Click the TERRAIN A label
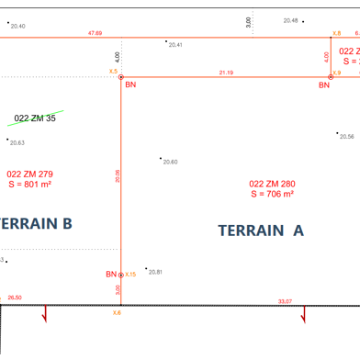tap(261, 231)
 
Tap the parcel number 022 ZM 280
tap(273, 183)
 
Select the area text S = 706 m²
tap(273, 194)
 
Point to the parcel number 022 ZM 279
tap(29, 173)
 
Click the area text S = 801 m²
tap(29, 184)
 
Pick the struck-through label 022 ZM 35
tap(36, 118)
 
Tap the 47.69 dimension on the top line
tap(96, 33)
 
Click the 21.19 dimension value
tap(226, 72)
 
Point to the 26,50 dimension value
tap(15, 298)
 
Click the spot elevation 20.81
tap(155, 272)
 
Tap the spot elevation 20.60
tap(170, 162)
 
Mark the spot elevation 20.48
tap(290, 19)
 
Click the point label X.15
tap(130, 274)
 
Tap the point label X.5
tap(113, 71)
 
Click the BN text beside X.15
tap(111, 274)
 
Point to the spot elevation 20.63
tap(17, 142)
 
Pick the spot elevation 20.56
tap(346, 136)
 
